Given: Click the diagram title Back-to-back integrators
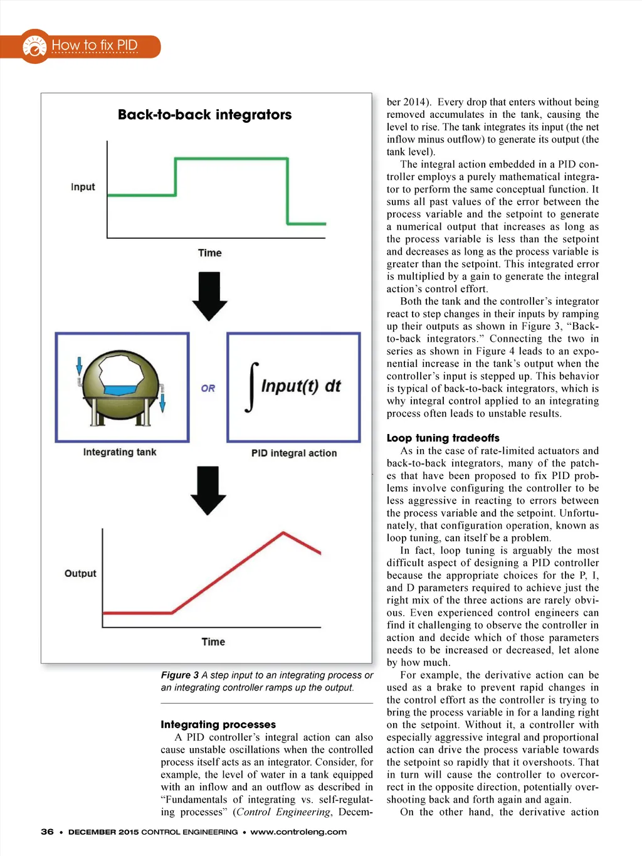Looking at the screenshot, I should pos(204,115).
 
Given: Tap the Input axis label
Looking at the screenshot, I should pos(83,187).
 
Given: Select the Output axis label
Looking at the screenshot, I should pos(80,573).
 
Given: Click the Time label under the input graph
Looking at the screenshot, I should pos(209,253).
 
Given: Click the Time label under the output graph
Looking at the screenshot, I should pos(213,642).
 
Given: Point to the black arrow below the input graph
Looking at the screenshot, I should pos(209,296).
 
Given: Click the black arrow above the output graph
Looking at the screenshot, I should pos(208,490).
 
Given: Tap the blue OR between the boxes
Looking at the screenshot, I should pos(208,388).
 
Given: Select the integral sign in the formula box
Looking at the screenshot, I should pos(252,386).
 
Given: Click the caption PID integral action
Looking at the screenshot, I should pos(294,453).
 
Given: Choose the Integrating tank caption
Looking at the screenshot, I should pos(120,452).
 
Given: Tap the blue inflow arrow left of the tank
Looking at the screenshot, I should pos(80,366).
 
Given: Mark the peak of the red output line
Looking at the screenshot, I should pos(284,533).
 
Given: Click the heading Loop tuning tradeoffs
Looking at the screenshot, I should pos(443,438).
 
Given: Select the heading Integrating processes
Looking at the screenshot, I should pos(218,724).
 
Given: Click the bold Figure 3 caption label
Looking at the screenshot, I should pos(179,675).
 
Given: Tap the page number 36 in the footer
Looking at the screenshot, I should pos(47,832).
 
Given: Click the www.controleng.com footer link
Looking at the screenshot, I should pos(298,832).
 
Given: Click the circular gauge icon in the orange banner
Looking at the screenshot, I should pos(34,46).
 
